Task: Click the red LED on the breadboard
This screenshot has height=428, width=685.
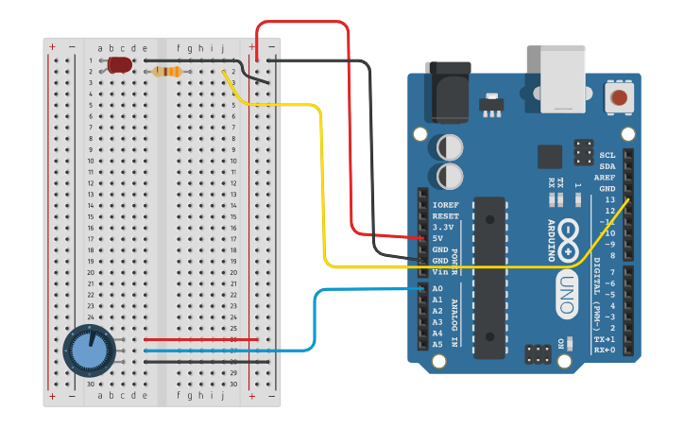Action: pos(119,65)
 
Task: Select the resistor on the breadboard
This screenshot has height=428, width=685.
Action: pos(167,72)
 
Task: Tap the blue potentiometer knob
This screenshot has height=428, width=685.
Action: pos(91,351)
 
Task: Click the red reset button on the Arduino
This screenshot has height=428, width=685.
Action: pos(620,96)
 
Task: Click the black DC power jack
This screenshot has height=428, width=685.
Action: pos(447,91)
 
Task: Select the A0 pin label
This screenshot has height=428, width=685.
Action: pos(437,288)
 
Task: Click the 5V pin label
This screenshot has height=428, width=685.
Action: pos(437,238)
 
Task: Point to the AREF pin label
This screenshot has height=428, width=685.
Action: pos(605,178)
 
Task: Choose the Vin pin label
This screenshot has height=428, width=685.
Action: pos(439,272)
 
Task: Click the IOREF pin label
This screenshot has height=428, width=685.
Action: pos(445,205)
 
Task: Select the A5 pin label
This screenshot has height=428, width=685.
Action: pos(437,345)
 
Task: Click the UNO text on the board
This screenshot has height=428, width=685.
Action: pos(566,282)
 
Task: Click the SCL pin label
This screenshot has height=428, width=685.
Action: pos(607,155)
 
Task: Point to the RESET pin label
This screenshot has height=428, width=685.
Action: pos(445,216)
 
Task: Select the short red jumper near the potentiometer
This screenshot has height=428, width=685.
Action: pos(200,339)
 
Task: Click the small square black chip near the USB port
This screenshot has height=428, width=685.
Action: pos(550,157)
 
